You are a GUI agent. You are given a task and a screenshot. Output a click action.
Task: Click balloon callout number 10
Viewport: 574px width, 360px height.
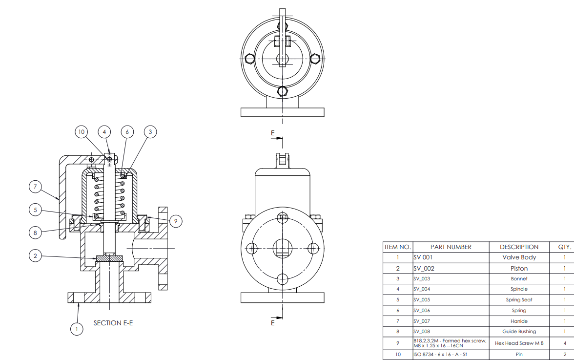coord(82,132)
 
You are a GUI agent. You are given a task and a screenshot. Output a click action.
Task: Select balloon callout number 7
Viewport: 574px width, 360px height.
coord(35,186)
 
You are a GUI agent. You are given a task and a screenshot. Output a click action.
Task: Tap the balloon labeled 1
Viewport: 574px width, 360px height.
coord(76,329)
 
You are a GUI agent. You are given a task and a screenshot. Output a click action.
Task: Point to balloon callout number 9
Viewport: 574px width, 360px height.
coord(177,221)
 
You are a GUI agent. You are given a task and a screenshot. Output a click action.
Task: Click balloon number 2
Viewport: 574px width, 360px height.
coord(35,255)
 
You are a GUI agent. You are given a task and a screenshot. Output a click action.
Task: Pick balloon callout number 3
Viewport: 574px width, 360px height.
coord(150,132)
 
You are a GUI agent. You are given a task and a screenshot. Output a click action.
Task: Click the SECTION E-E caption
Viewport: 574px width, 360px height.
coord(113,323)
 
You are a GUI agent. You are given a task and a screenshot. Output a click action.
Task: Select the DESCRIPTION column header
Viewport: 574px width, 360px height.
coord(519,247)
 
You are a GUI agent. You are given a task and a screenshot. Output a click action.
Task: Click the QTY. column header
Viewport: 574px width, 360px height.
coord(564,247)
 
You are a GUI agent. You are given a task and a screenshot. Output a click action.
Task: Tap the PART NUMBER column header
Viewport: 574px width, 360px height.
coord(451,247)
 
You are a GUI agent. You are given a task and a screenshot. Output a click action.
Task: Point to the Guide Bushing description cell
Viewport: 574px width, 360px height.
coord(519,331)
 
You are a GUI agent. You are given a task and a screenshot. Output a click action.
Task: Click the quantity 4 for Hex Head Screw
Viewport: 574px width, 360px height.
coord(564,343)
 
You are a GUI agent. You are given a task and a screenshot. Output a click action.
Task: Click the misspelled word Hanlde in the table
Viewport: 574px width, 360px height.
coord(519,321)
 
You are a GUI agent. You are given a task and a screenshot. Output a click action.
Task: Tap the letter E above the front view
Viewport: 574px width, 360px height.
coord(273,133)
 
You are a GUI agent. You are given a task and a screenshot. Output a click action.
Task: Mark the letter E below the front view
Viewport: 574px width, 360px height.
coord(273,323)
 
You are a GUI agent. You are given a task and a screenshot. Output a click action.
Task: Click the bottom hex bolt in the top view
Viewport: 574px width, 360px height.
coord(282,91)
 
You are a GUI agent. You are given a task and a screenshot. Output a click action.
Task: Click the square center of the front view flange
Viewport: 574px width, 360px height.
coord(282,248)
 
